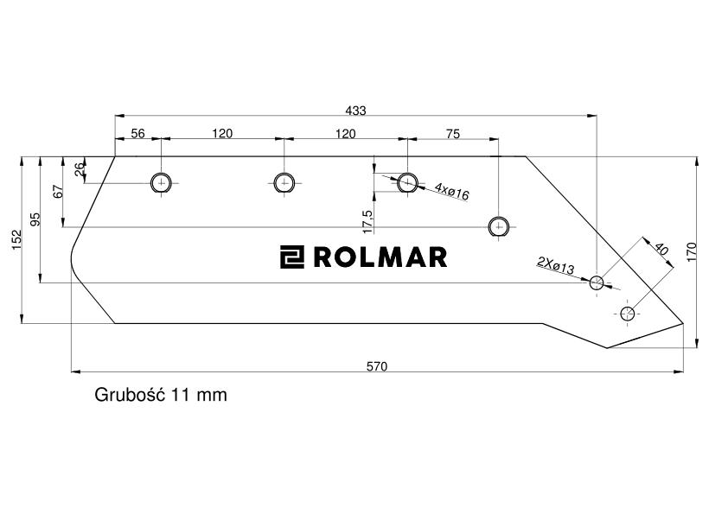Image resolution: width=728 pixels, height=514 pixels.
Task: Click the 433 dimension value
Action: pos(355,111)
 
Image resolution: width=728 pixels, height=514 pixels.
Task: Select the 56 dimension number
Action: pos(137,133)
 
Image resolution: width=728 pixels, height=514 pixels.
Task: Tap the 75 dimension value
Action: pos(452,133)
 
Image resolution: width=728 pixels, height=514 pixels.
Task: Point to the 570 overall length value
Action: pos(376,366)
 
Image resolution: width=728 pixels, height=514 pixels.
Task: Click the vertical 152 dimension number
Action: pos(16,241)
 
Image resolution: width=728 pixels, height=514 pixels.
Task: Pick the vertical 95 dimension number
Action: pos(35,219)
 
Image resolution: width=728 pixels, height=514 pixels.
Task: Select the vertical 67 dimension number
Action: pos(59,192)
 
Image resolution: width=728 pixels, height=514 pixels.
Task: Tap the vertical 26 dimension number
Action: pos(80,170)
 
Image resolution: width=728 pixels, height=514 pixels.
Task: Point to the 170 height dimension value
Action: pos(691,252)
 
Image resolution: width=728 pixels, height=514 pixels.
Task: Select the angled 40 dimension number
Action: pos(661,250)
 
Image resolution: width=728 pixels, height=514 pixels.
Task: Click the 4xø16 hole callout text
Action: pos(451,192)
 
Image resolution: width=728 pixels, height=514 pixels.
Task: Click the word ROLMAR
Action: pos(380,257)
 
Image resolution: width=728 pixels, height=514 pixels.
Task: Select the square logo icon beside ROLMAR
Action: pos(292,257)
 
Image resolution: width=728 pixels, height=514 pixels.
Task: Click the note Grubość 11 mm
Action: pos(161,396)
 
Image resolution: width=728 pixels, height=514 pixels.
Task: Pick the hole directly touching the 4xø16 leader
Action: pos(406,182)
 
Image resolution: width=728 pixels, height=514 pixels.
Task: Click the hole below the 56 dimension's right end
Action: pos(162,182)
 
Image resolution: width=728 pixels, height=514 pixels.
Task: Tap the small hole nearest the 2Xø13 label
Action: pos(597,282)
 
